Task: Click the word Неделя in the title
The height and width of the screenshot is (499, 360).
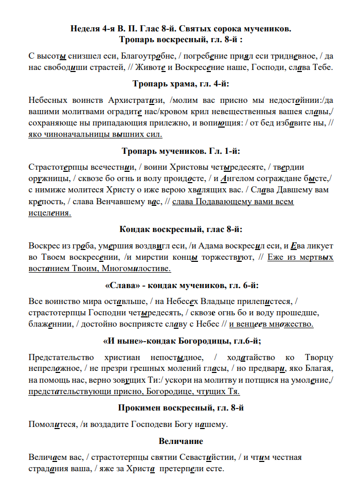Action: [85, 28]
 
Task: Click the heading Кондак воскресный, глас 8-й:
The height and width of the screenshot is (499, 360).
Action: [180, 229]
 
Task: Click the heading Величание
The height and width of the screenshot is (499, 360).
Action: [181, 441]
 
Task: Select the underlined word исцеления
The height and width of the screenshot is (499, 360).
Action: [50, 213]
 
